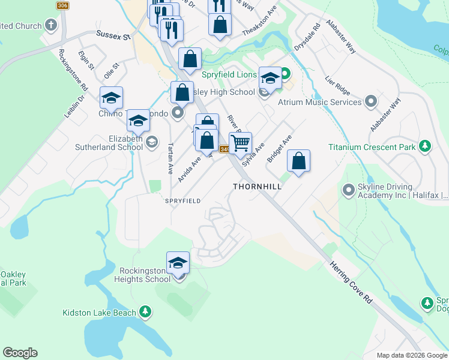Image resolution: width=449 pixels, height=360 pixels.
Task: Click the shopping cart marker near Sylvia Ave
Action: tap(240, 143)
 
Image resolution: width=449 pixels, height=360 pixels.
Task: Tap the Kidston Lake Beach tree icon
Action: tap(145, 311)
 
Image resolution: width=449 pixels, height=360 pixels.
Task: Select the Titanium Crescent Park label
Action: tap(370, 147)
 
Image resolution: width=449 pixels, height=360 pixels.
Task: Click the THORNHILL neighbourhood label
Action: tap(258, 187)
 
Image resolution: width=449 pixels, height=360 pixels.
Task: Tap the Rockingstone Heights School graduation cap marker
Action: tap(178, 262)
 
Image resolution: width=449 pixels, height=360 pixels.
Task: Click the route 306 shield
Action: tap(62, 5)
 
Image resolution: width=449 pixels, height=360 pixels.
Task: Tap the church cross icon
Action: tap(51, 26)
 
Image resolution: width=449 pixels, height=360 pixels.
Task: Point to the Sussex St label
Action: tap(113, 37)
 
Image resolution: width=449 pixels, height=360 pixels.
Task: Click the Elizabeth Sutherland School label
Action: tap(109, 143)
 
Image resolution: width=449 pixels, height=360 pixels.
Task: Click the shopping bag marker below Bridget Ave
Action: tap(298, 160)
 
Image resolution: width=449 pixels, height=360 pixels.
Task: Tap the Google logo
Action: tap(20, 353)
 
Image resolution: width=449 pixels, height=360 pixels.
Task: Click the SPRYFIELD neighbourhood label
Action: tap(182, 201)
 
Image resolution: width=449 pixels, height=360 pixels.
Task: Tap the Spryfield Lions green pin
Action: tap(285, 74)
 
